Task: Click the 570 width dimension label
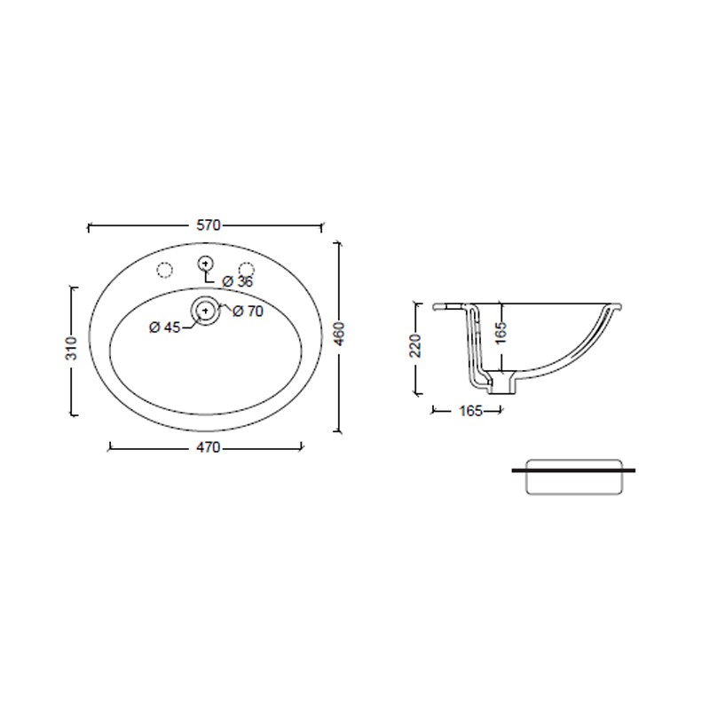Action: [209, 225]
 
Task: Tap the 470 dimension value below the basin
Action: [209, 447]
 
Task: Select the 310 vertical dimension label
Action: [72, 348]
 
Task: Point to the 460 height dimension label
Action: [339, 334]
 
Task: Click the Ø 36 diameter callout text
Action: [238, 281]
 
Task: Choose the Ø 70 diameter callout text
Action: [248, 312]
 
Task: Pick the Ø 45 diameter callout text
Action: [165, 327]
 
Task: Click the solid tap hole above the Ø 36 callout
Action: [206, 263]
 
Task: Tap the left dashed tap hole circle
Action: [164, 270]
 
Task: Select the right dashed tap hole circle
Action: [247, 270]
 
